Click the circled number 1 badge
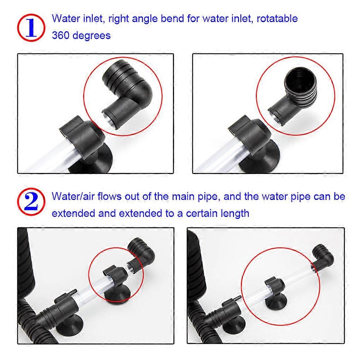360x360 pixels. (31, 28)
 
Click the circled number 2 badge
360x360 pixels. (31, 202)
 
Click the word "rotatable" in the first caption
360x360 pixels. (277, 19)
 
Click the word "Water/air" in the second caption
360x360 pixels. (73, 197)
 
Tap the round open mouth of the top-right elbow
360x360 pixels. (300, 80)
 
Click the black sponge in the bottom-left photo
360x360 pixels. (26, 262)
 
